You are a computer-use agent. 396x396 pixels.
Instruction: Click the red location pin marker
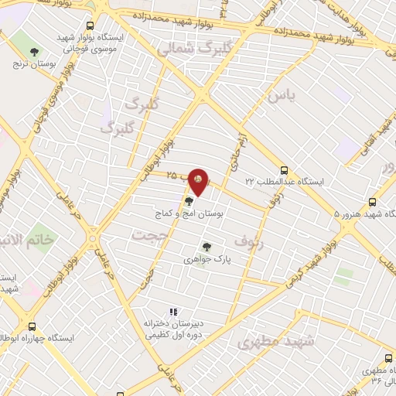tap(199, 182)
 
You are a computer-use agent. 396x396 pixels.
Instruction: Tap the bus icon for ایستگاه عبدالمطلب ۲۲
tap(284, 169)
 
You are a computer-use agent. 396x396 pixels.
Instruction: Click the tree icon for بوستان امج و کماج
tap(189, 201)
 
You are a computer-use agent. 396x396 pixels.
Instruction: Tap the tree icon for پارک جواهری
tap(207, 247)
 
